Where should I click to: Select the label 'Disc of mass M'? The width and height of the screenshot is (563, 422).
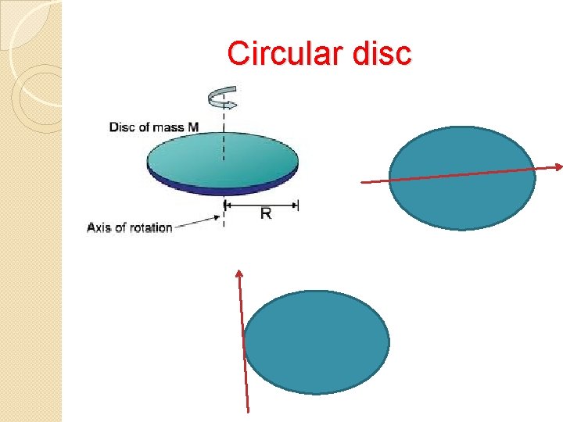(153, 127)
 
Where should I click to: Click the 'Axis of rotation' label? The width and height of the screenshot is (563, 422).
(130, 227)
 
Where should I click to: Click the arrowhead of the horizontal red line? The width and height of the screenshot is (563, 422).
(559, 166)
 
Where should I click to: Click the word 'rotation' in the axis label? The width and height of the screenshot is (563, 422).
(152, 227)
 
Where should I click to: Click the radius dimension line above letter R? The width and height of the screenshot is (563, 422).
(262, 205)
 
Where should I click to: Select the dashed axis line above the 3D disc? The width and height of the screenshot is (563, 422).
(224, 125)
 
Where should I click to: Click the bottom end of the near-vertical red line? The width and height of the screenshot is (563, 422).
(248, 409)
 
